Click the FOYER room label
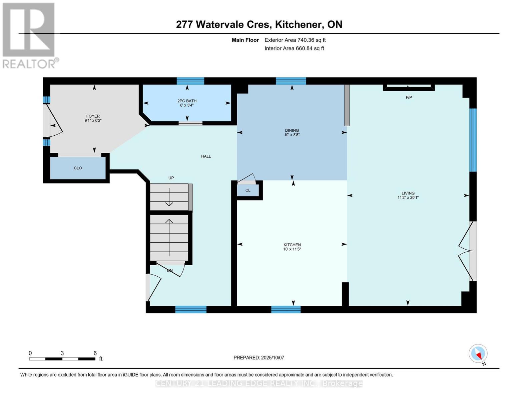(93, 116)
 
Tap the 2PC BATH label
(187, 101)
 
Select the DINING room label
(292, 130)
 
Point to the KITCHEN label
(292, 245)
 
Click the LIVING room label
(408, 193)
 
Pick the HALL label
(206, 156)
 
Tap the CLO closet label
(78, 168)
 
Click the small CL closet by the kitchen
(248, 190)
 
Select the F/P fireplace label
(409, 98)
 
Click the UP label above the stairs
(171, 178)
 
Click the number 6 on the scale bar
(95, 353)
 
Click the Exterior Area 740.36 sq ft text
(295, 40)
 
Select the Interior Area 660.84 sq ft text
(294, 48)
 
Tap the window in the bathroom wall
(190, 81)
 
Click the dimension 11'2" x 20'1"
(408, 197)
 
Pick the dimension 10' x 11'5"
(292, 249)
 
